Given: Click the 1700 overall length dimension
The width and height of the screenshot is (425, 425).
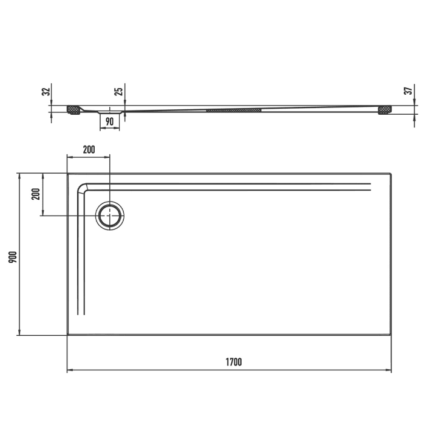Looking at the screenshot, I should click(x=234, y=362).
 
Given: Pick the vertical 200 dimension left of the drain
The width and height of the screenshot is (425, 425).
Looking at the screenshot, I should click(x=35, y=194).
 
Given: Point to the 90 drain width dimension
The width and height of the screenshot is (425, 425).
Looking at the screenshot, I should click(x=110, y=121).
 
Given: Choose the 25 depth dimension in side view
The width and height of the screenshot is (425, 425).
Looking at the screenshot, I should click(x=119, y=92).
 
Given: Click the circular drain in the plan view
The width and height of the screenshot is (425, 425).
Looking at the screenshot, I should click(x=110, y=216).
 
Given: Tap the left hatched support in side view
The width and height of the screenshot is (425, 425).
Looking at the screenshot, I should click(x=74, y=110).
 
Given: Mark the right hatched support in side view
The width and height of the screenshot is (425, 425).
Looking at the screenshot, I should click(x=385, y=110).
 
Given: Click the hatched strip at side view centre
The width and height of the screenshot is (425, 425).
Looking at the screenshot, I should click(x=234, y=110).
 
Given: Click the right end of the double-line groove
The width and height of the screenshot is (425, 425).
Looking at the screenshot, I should click(x=369, y=187).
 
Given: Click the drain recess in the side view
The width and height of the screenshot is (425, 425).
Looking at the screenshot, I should click(x=109, y=112).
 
